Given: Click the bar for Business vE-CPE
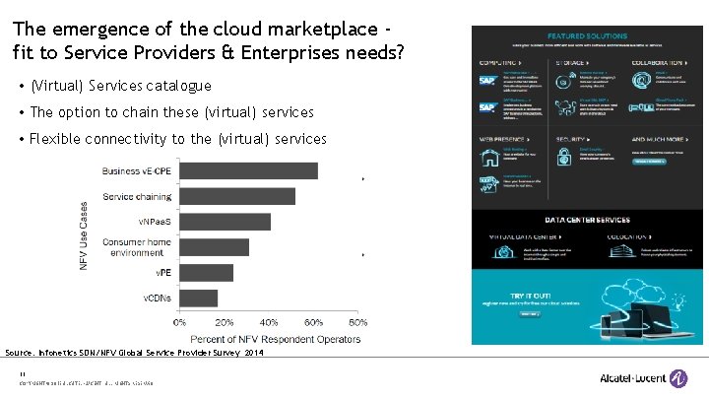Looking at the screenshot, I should coord(248,170).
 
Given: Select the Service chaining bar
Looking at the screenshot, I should coord(237,196).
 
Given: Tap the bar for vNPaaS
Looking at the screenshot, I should coord(225,222).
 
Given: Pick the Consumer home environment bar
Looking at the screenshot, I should coord(214,246).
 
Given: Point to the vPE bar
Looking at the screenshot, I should coord(206,272).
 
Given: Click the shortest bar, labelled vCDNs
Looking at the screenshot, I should coord(198,298).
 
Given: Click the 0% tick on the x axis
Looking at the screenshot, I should coord(179,321).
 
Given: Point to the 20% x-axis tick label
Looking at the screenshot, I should coord(224,321).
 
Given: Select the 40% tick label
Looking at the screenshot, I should coord(269,321).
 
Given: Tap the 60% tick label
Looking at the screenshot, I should coord(313,321).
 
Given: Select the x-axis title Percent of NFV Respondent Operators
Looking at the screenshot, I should coord(269,339).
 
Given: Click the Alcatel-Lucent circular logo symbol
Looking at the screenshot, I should coord(678,378).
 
